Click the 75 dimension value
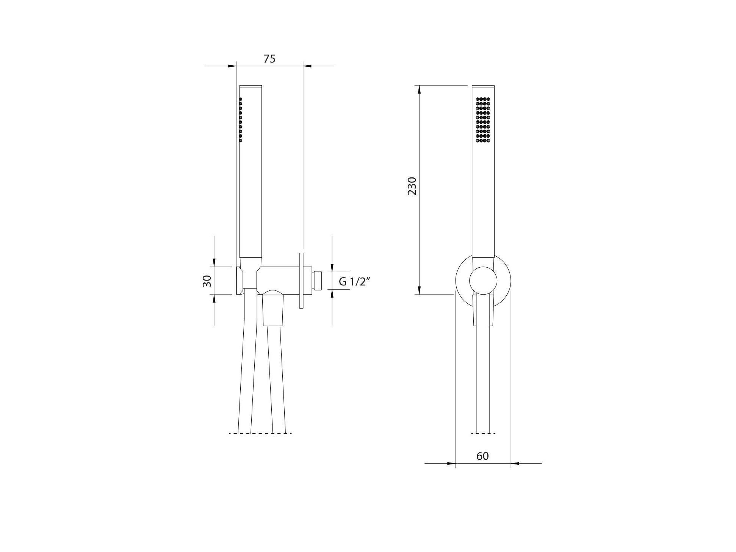pos(269,59)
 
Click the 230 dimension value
pos(412,186)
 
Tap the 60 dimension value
pos(482,456)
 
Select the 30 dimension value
pos(207,281)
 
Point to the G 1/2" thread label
pos(354,281)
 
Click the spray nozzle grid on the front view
pos(483,120)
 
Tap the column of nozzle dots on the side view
pos(241,120)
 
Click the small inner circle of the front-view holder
pos(483,281)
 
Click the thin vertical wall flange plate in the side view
pos(301,281)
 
